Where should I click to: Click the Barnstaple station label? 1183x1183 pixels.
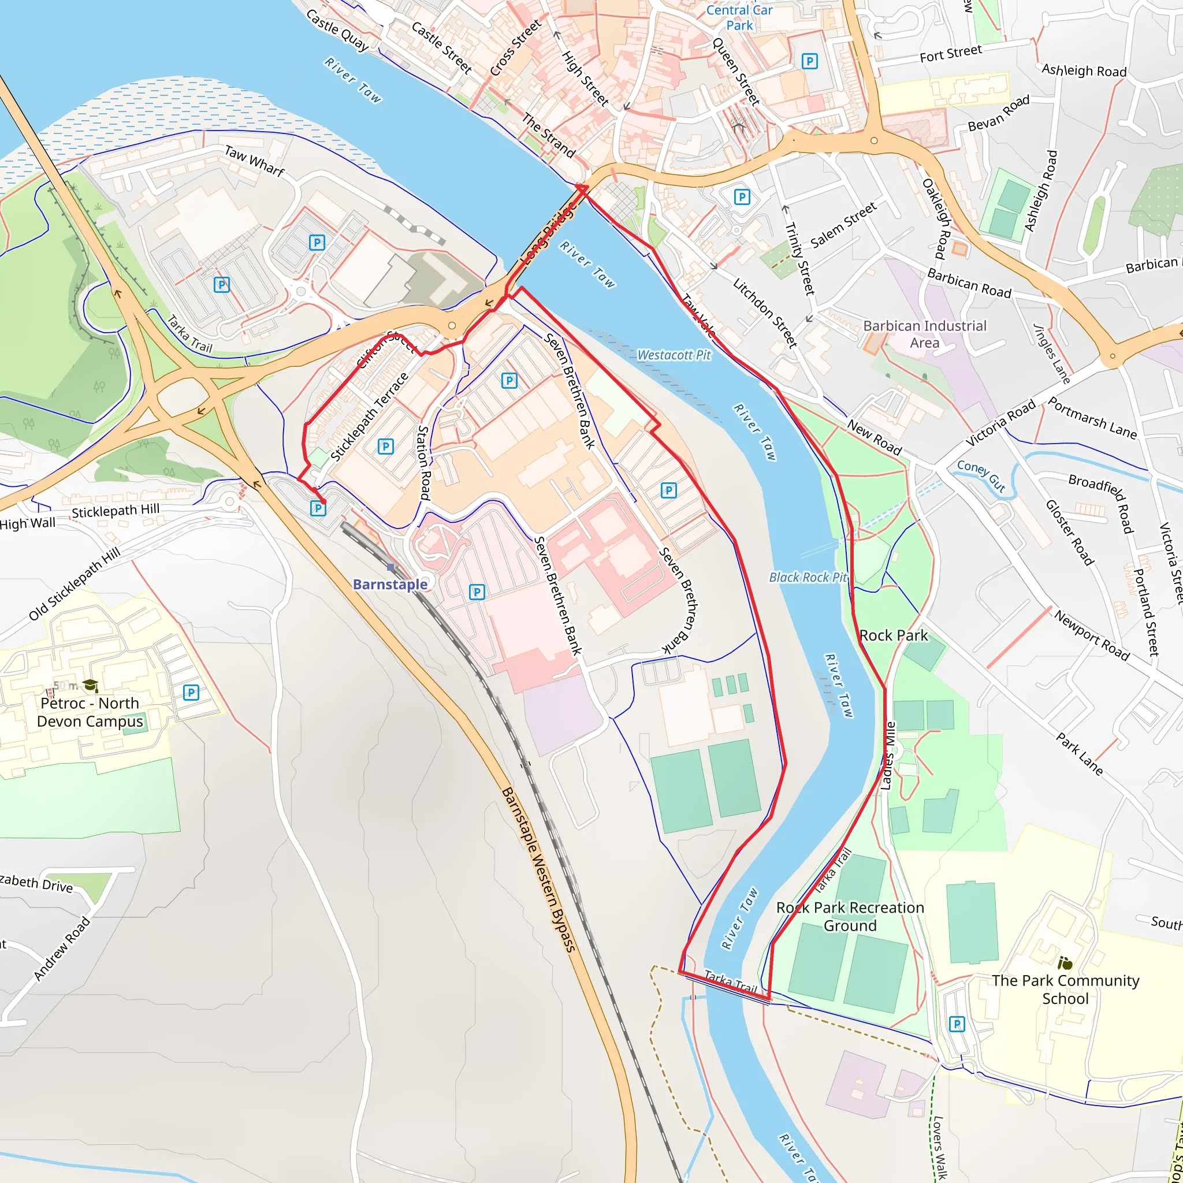(390, 584)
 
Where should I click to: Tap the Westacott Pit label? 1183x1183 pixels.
(674, 355)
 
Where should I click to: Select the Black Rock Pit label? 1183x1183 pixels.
(808, 578)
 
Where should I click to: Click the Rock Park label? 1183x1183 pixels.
(894, 635)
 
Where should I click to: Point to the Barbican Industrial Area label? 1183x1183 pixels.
(925, 334)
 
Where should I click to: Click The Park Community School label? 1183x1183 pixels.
(1065, 989)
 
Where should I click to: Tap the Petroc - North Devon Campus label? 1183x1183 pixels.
(90, 712)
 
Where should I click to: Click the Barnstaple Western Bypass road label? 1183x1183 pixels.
(539, 869)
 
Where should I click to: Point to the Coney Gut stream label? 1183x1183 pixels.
(981, 476)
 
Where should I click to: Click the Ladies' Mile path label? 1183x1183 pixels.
(888, 756)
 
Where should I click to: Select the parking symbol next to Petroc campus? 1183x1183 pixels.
(191, 693)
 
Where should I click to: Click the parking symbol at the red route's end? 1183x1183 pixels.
(318, 508)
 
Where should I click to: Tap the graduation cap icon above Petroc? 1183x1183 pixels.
(91, 685)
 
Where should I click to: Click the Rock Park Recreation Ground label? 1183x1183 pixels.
(850, 917)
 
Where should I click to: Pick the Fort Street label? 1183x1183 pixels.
(950, 54)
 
